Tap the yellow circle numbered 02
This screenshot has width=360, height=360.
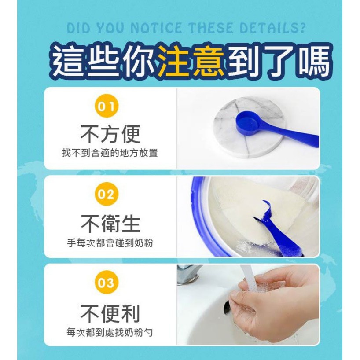click(107, 194)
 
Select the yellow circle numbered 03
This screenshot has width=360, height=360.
click(107, 282)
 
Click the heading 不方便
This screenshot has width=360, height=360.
click(110, 134)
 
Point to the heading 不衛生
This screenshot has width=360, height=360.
click(110, 224)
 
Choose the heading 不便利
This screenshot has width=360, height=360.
click(110, 313)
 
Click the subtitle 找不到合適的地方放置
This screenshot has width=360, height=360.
click(110, 153)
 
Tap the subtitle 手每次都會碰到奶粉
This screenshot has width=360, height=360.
click(110, 242)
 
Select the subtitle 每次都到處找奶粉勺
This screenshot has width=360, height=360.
click(110, 332)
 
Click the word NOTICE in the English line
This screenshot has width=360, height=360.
click(156, 28)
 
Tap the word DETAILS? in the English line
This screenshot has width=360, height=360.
click(272, 28)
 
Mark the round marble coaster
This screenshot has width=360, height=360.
click(250, 128)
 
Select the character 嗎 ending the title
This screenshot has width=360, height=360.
click(315, 61)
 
